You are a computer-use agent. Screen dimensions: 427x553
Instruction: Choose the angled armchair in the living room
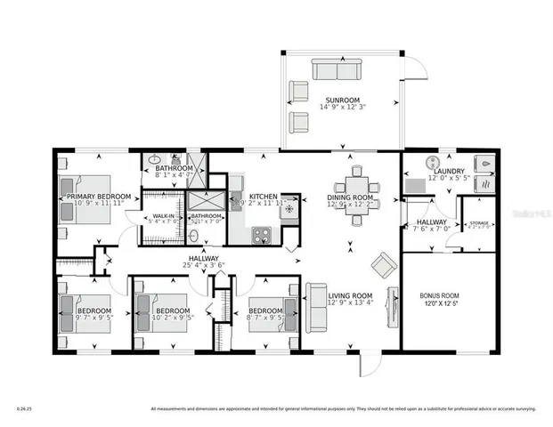[384, 263]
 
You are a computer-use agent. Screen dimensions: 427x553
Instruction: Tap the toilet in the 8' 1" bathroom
[152, 161]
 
